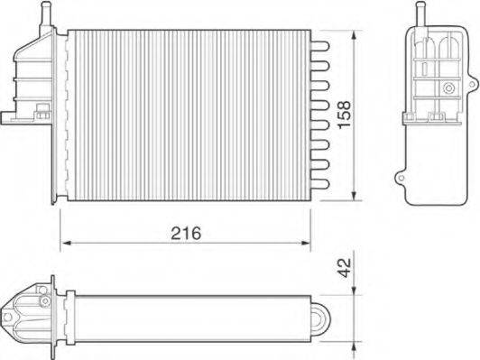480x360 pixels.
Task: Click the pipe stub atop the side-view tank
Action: (419, 14)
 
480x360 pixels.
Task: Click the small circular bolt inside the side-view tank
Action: (447, 88)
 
